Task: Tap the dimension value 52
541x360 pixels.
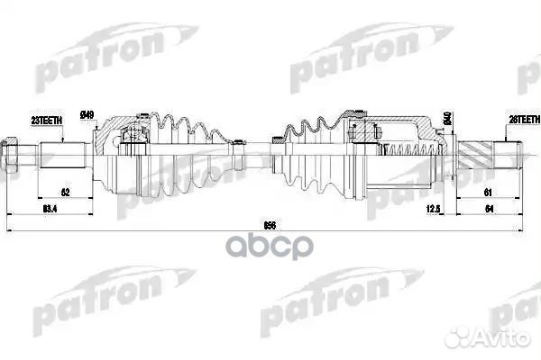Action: pos(65,193)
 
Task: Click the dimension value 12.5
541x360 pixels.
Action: pos(433,211)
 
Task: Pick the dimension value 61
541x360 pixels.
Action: pos(487,193)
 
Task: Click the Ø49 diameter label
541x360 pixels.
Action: pos(87,114)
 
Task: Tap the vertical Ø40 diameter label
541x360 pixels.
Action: pos(447,120)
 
